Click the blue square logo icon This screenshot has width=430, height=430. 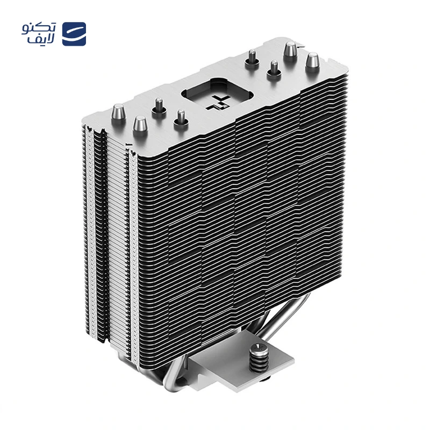[74, 34]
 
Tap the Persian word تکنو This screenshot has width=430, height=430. [39, 28]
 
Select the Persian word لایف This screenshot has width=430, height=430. [41, 39]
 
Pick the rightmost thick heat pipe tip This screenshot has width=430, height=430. [312, 62]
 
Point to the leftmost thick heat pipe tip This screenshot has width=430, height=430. [118, 114]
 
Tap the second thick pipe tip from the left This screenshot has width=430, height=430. [140, 126]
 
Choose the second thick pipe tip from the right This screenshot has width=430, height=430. [291, 51]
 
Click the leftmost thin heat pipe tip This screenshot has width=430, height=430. [159, 108]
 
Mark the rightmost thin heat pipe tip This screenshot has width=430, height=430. [274, 70]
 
